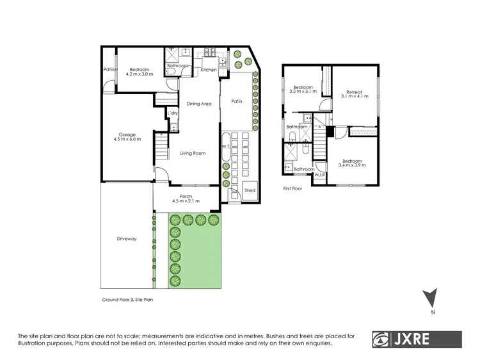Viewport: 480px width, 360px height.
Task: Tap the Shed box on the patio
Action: [250, 191]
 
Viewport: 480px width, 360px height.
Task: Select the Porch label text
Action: [186, 196]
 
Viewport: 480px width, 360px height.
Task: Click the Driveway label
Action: [127, 239]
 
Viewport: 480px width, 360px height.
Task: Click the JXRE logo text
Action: [426, 340]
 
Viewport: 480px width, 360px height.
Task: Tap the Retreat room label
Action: [355, 92]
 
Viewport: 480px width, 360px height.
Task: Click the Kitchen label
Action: [209, 69]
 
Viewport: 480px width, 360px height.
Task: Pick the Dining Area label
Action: [198, 104]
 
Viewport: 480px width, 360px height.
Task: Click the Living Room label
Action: [192, 153]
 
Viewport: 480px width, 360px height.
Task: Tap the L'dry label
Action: [172, 113]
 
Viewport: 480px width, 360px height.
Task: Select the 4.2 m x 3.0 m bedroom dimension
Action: [139, 75]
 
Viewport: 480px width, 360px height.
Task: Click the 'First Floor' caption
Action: [295, 189]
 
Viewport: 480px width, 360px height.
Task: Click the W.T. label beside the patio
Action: [225, 147]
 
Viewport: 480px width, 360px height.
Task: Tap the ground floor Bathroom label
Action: [177, 65]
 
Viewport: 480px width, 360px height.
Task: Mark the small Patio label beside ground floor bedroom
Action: [109, 69]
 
